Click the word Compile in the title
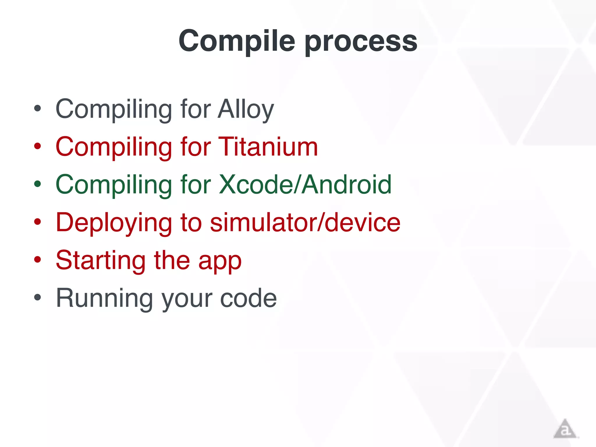(237, 41)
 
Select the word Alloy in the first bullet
(246, 109)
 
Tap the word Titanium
(268, 147)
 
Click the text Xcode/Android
(305, 185)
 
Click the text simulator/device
(305, 223)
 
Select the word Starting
(101, 261)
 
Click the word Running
(104, 298)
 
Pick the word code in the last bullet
(248, 298)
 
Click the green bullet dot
(38, 184)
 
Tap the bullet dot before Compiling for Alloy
(38, 109)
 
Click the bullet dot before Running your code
(38, 298)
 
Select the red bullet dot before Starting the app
(38, 260)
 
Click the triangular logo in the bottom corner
(565, 429)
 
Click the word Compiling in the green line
(114, 185)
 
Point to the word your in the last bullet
(187, 299)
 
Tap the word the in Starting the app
(172, 260)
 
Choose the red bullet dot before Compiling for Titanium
(38, 146)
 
